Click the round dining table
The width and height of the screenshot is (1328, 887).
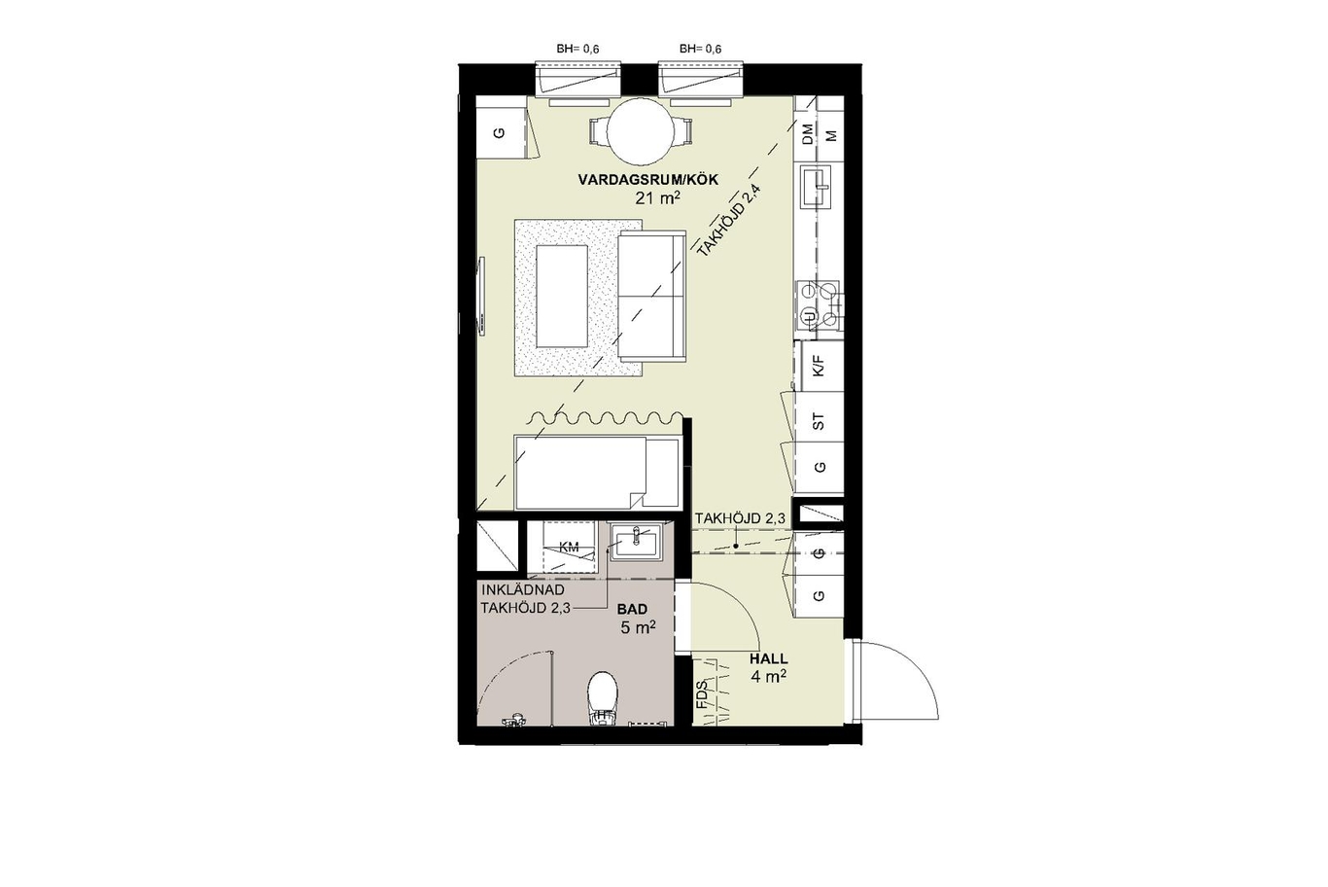click(641, 130)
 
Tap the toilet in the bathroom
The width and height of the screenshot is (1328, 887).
click(603, 698)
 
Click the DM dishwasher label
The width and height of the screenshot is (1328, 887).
click(807, 134)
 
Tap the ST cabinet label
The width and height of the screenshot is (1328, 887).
click(819, 421)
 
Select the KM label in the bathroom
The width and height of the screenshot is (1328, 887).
click(569, 547)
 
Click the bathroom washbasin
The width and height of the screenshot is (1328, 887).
click(636, 542)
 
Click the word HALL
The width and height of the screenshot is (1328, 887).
click(768, 658)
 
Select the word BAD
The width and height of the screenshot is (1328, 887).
click(632, 609)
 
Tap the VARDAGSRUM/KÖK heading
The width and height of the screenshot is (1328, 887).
click(648, 180)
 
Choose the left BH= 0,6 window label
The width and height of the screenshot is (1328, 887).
click(577, 50)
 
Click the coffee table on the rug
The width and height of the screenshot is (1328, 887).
click(562, 297)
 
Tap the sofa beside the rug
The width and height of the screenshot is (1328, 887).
click(652, 296)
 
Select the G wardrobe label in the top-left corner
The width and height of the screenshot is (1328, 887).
click(500, 133)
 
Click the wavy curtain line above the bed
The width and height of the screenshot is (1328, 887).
click(605, 418)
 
